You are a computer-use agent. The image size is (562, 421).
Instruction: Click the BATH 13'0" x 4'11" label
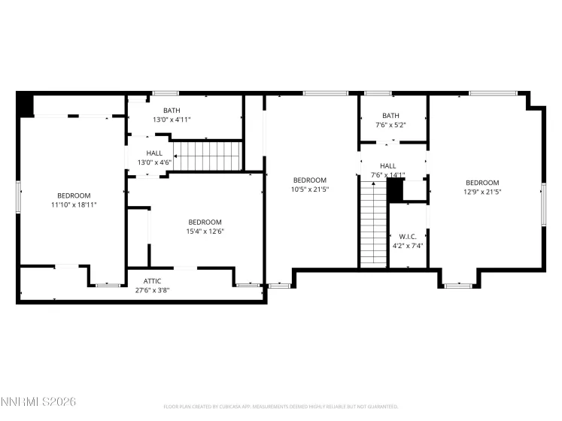[x=172, y=114]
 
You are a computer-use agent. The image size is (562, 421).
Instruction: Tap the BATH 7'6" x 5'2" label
[x=390, y=120]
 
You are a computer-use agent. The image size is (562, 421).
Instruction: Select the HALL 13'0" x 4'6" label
[x=154, y=158]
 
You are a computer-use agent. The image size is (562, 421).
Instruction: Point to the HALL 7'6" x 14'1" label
[x=387, y=171]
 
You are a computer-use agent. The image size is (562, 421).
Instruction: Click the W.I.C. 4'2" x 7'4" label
[x=408, y=241]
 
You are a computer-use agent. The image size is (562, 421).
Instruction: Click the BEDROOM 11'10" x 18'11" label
[x=74, y=200]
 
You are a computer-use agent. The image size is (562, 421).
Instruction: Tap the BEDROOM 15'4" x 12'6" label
[x=205, y=226]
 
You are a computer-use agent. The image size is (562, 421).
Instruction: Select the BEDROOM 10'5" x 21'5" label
[x=309, y=184]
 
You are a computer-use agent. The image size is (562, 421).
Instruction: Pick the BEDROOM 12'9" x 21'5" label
[x=482, y=187]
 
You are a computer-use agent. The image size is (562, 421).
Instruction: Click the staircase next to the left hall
[x=207, y=156]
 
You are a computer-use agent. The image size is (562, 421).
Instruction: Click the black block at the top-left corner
[x=25, y=104]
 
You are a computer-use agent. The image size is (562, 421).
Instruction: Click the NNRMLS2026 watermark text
[x=38, y=403]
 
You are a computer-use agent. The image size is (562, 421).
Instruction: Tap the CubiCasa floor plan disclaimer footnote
[x=281, y=407]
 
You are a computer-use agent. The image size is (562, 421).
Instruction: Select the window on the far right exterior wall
[x=542, y=203]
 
